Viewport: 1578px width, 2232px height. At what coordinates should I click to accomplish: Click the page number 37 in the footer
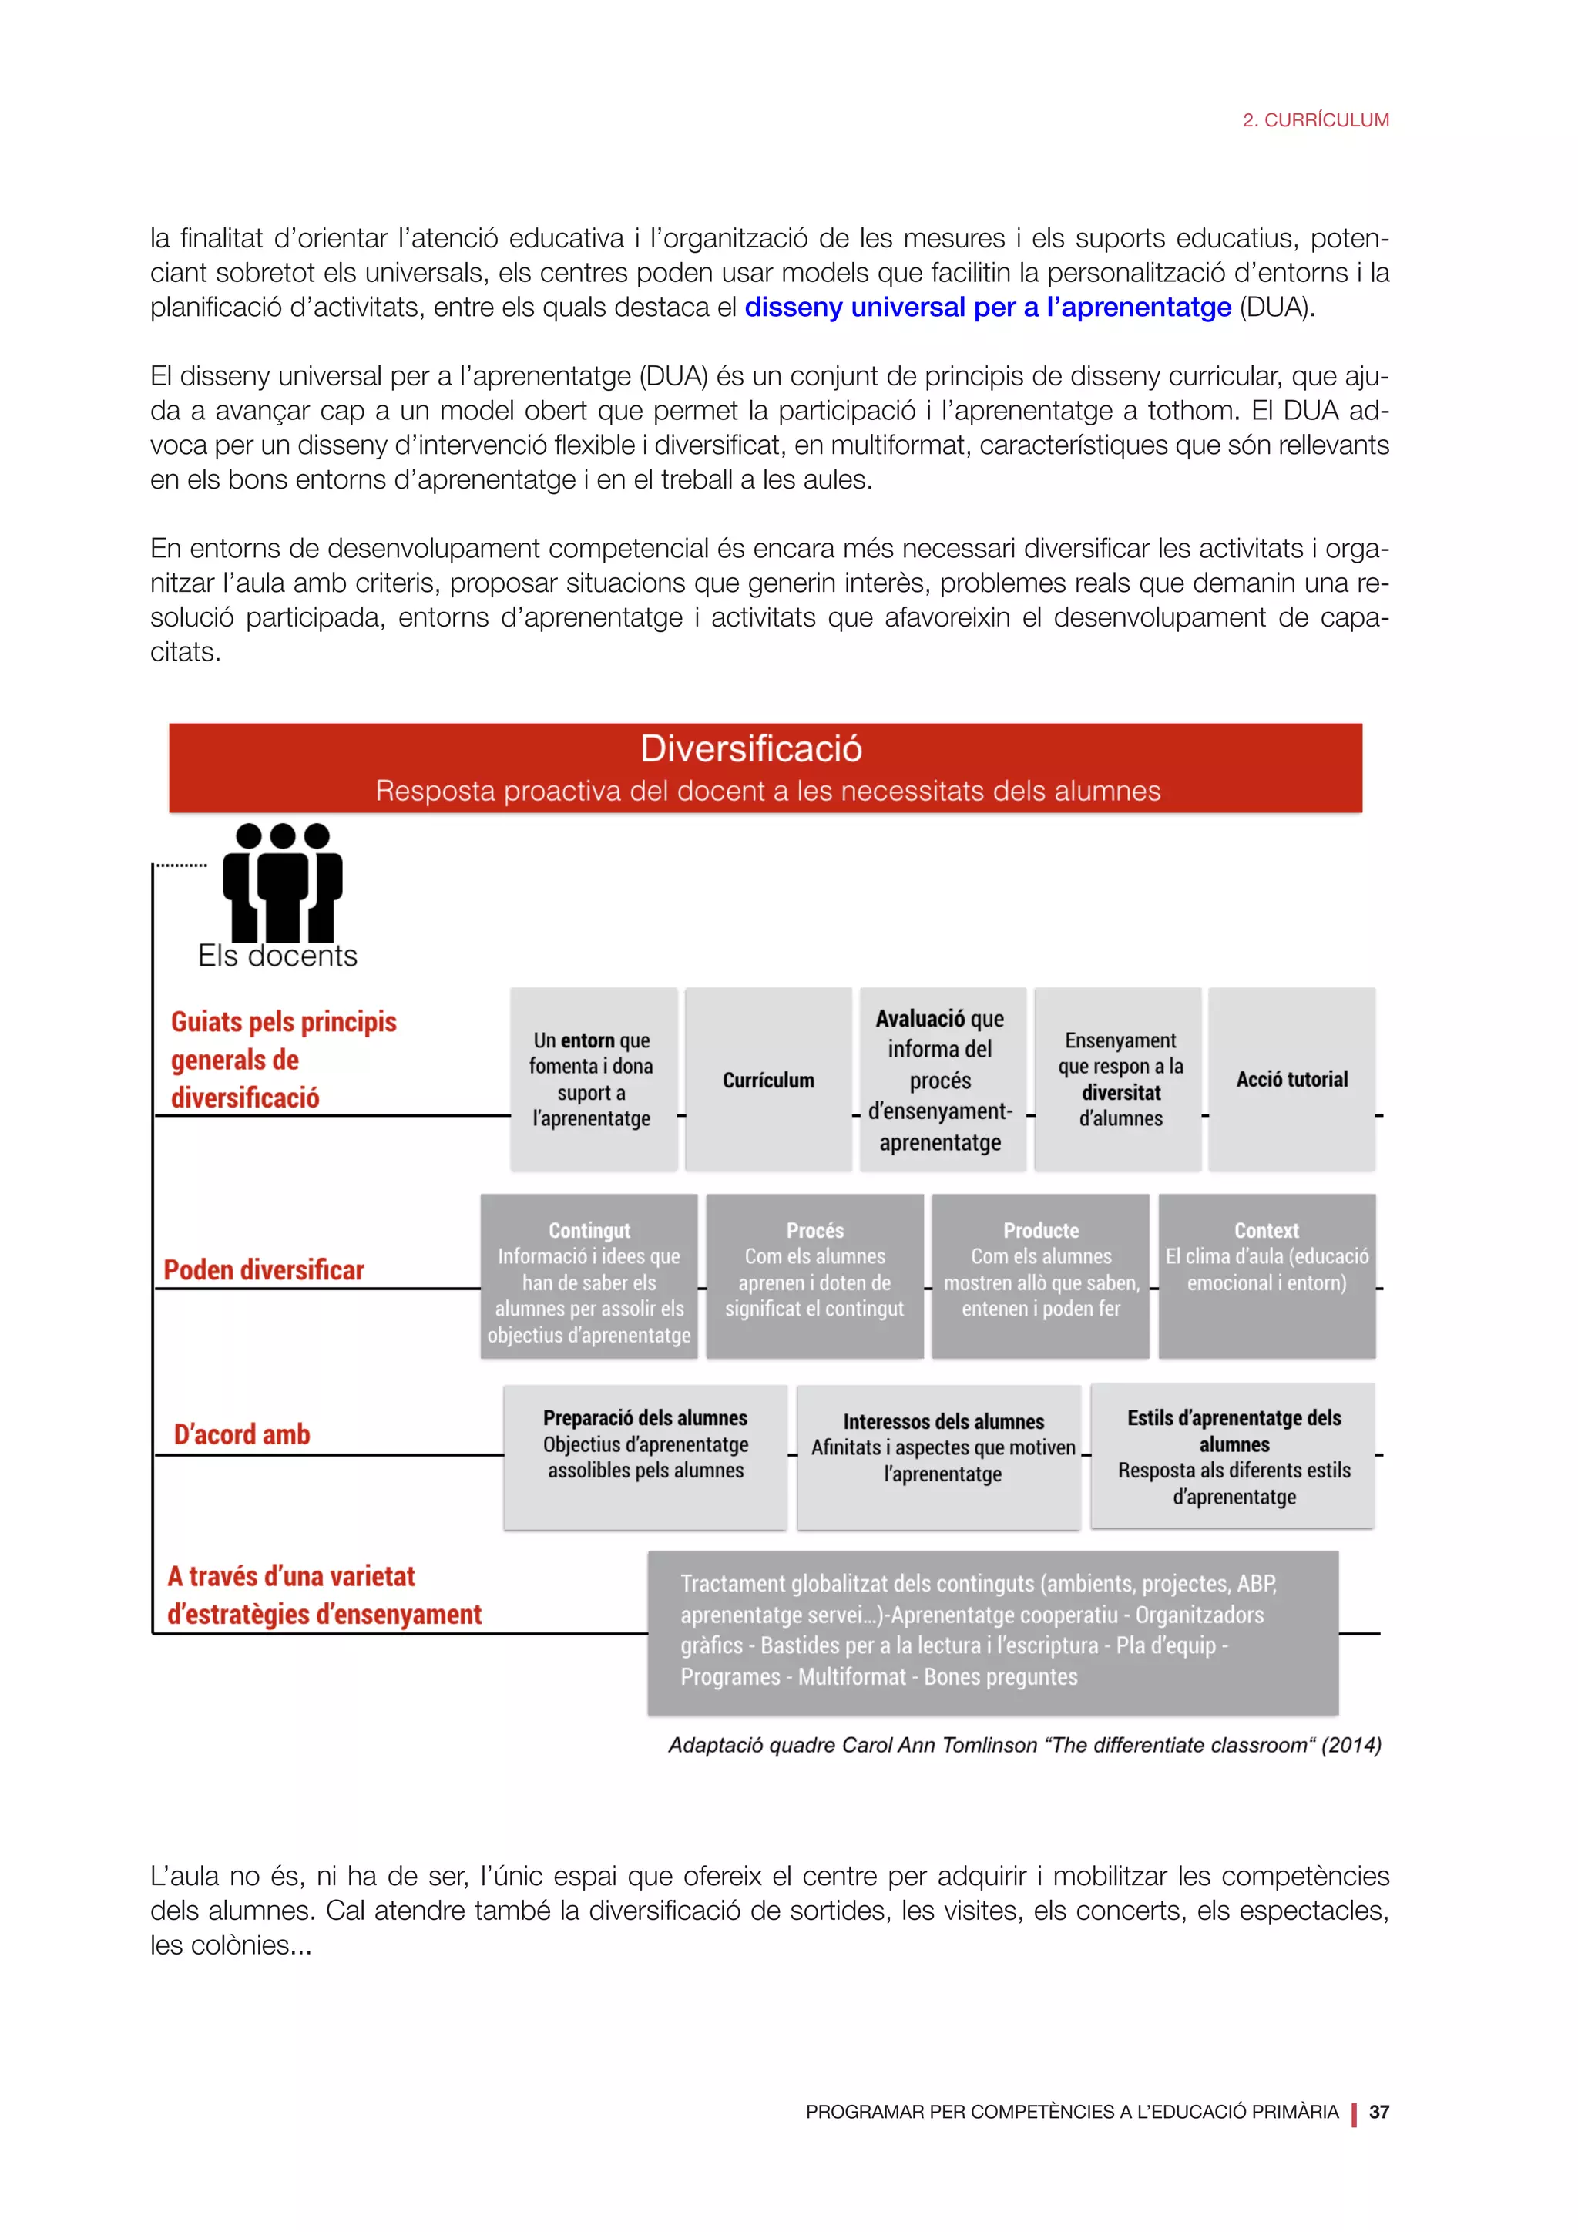tap(1378, 2112)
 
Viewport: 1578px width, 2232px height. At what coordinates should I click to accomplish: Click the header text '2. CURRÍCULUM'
tap(1316, 120)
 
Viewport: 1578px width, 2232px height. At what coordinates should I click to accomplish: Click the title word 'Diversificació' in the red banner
tap(751, 748)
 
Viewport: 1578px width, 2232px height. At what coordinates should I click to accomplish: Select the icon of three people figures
tap(282, 882)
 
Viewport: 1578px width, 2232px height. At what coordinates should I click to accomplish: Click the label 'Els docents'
tap(278, 956)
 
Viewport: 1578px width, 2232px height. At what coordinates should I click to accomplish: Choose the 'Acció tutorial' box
tap(1291, 1079)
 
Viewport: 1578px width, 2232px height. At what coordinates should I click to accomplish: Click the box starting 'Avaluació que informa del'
tap(941, 1080)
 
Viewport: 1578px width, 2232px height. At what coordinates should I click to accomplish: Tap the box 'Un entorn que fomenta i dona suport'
tap(592, 1079)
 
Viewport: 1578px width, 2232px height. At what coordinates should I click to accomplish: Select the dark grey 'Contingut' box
tap(589, 1276)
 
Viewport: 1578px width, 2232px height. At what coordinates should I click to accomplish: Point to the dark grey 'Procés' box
tap(814, 1276)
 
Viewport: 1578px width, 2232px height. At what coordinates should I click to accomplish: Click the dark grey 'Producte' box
tap(1041, 1276)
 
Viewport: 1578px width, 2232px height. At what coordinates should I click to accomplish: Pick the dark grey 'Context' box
tap(1266, 1276)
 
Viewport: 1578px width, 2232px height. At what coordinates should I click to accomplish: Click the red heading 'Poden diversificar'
tap(264, 1269)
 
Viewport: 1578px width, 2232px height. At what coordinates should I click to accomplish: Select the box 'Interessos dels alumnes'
tap(942, 1455)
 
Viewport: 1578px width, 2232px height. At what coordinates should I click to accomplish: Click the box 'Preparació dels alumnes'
tap(645, 1455)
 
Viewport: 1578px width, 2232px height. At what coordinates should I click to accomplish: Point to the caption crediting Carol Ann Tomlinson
tap(1024, 1745)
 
